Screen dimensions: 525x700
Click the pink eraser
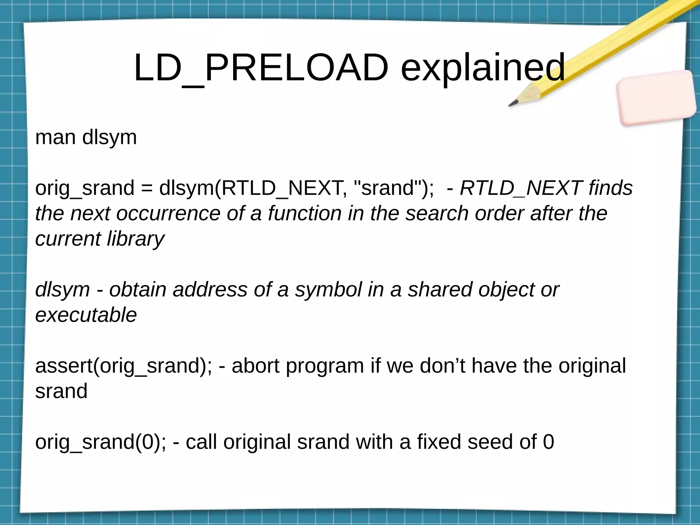coord(656,97)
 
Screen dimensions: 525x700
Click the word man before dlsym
coord(55,137)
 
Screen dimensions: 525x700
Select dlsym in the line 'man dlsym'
coord(109,137)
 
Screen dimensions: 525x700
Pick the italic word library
coord(135,239)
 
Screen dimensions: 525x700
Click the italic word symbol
coord(328,290)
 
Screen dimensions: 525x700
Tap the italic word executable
coord(86,315)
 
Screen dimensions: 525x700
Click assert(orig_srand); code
coord(123,366)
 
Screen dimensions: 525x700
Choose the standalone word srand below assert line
coord(61,391)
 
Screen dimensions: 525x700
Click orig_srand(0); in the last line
coord(100,442)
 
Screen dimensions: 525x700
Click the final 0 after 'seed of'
coord(548,442)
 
